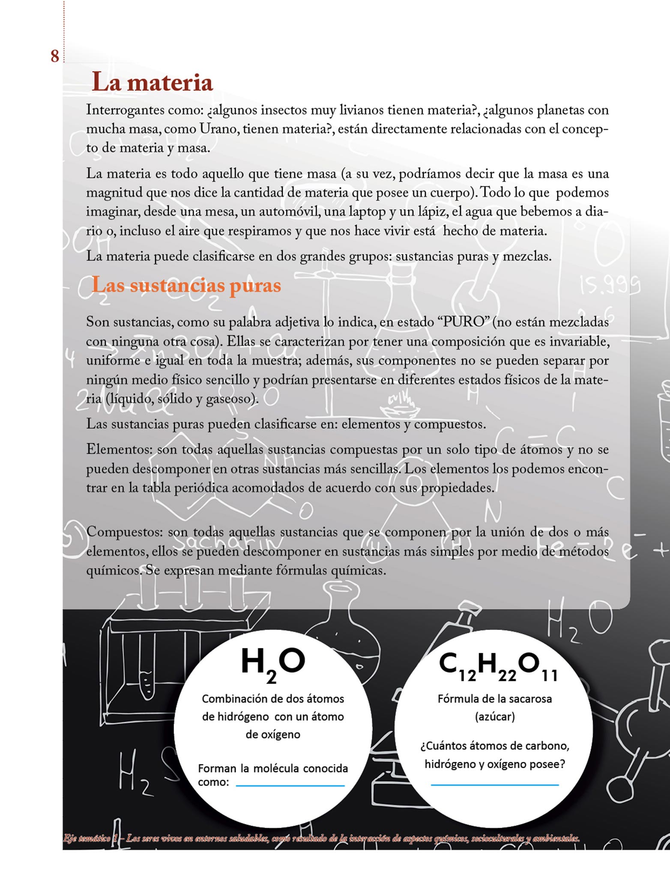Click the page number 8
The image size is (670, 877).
click(x=55, y=56)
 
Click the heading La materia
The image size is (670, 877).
click(x=153, y=82)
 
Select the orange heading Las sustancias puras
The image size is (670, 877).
click(x=186, y=285)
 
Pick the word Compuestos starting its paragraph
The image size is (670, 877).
click(x=124, y=532)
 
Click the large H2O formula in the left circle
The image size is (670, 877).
click(x=273, y=663)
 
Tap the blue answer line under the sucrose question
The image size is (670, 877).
click(x=495, y=785)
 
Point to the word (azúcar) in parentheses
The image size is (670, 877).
click(x=495, y=716)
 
